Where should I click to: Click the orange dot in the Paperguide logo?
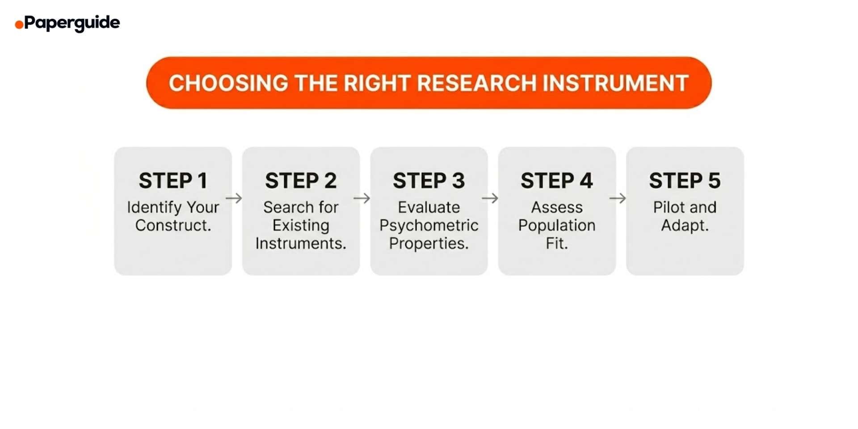coord(19,25)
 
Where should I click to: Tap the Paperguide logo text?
coord(72,22)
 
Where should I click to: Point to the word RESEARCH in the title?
coord(476,83)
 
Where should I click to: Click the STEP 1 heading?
coord(173,181)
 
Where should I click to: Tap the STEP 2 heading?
coord(301,181)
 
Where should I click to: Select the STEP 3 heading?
coord(429,181)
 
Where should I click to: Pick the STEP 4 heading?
coord(556,181)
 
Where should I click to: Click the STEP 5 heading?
coord(685,181)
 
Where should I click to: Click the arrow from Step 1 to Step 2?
coord(234,198)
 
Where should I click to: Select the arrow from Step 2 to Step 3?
coord(362,198)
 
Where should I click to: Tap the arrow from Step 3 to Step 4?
coord(490,198)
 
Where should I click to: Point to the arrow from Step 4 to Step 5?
coord(618,198)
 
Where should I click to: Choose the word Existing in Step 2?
coord(301,225)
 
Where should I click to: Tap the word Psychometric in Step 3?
coord(429,225)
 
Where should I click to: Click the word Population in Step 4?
coord(556,225)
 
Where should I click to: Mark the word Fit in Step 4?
coord(555,243)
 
